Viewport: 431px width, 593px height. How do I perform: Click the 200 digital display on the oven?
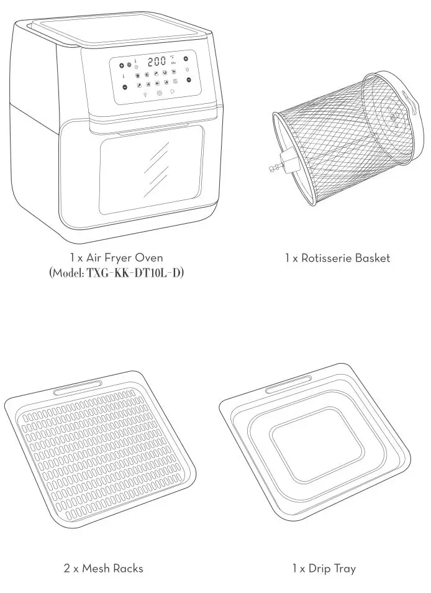pos(156,61)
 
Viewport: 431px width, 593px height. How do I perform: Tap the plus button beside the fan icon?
pos(122,65)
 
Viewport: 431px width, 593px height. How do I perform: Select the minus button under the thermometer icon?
pos(125,87)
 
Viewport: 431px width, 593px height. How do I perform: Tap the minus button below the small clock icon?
pos(189,80)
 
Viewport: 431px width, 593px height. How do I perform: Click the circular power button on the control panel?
pos(160,93)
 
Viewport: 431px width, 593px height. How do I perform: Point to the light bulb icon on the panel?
pos(144,94)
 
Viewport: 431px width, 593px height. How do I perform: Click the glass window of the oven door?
pos(152,167)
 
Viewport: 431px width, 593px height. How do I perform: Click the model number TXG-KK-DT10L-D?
pos(135,273)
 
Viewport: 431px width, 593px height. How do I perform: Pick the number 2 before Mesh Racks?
pos(66,568)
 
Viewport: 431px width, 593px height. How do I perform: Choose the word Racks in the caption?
pos(128,568)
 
